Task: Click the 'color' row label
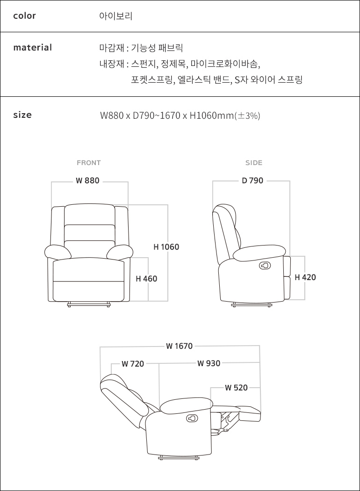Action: pyautogui.click(x=24, y=15)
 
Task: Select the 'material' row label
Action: pyautogui.click(x=33, y=48)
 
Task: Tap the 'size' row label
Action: pyautogui.click(x=22, y=115)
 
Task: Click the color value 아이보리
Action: pyautogui.click(x=116, y=15)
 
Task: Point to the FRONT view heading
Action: pyautogui.click(x=88, y=163)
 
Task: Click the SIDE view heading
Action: pyautogui.click(x=254, y=163)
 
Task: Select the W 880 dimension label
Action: pyautogui.click(x=87, y=181)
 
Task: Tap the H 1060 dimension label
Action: pyautogui.click(x=166, y=247)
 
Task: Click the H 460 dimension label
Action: pyautogui.click(x=146, y=279)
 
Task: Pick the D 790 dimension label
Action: pyautogui.click(x=252, y=181)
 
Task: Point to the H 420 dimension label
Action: pyautogui.click(x=305, y=277)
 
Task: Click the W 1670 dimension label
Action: pyautogui.click(x=180, y=346)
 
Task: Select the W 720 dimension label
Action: pyautogui.click(x=133, y=364)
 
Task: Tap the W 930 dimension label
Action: pyautogui.click(x=209, y=363)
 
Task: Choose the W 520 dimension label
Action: pyautogui.click(x=236, y=388)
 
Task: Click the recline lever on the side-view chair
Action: pyautogui.click(x=265, y=266)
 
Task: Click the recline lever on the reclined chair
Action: pyautogui.click(x=192, y=418)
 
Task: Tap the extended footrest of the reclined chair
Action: pyautogui.click(x=250, y=413)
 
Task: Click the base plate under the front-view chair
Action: pyautogui.click(x=89, y=304)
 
